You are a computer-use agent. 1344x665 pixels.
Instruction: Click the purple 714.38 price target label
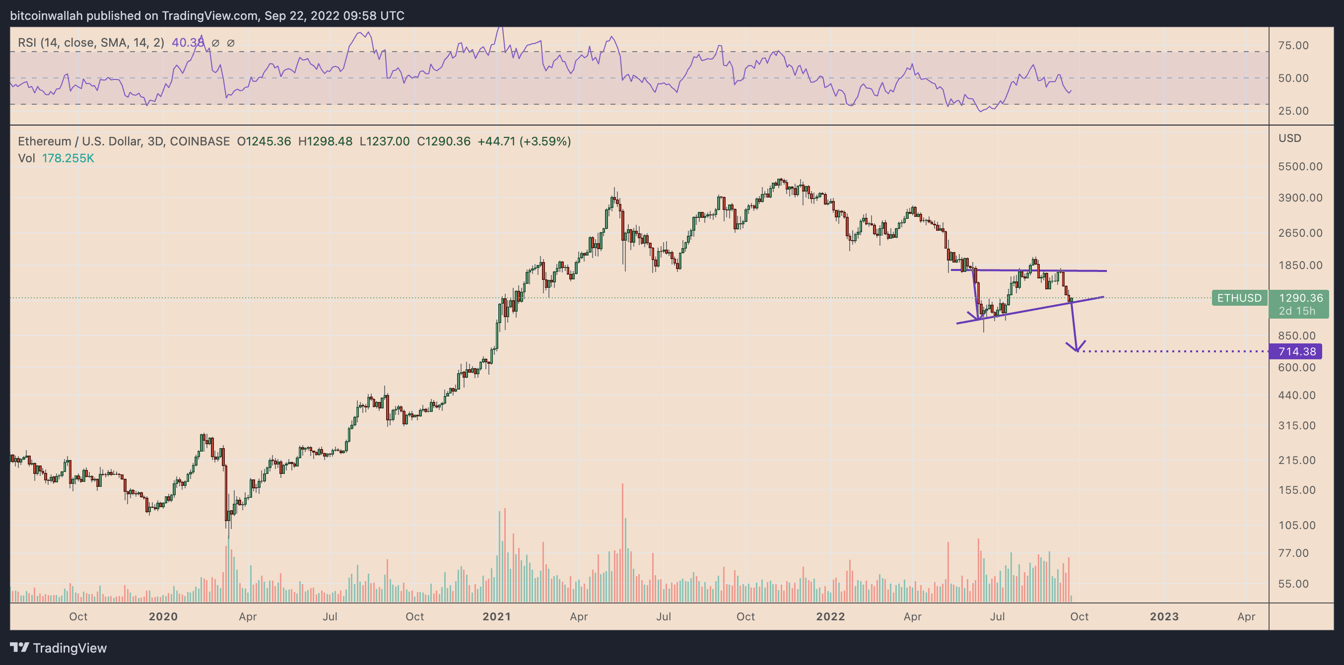pyautogui.click(x=1296, y=351)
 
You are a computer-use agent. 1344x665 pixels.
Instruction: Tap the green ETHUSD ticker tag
pyautogui.click(x=1239, y=298)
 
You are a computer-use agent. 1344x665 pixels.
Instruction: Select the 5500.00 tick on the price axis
pyautogui.click(x=1300, y=166)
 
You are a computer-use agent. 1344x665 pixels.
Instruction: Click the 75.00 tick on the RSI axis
pyautogui.click(x=1293, y=45)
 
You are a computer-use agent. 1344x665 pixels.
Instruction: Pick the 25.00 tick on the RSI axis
pyautogui.click(x=1293, y=111)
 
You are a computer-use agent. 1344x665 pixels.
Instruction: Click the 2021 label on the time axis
pyautogui.click(x=496, y=616)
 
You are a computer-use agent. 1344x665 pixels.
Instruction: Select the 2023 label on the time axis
pyautogui.click(x=1164, y=616)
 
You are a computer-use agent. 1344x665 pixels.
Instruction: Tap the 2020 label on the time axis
pyautogui.click(x=163, y=616)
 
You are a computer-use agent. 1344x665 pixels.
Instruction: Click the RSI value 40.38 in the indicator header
pyautogui.click(x=188, y=43)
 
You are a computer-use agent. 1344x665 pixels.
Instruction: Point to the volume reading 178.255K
pyautogui.click(x=68, y=158)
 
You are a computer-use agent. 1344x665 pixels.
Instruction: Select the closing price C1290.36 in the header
pyautogui.click(x=444, y=141)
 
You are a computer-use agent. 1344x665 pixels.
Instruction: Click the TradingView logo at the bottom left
pyautogui.click(x=59, y=648)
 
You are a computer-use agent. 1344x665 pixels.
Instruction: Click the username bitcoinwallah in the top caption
pyautogui.click(x=47, y=16)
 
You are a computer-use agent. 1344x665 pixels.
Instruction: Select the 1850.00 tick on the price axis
pyautogui.click(x=1300, y=265)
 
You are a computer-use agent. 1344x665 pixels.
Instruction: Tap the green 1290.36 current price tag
pyautogui.click(x=1300, y=298)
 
